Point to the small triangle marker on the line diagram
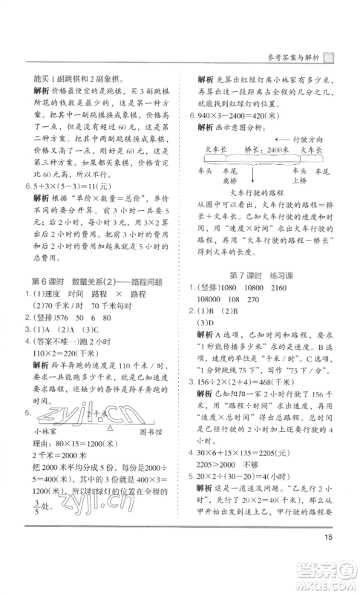110,425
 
